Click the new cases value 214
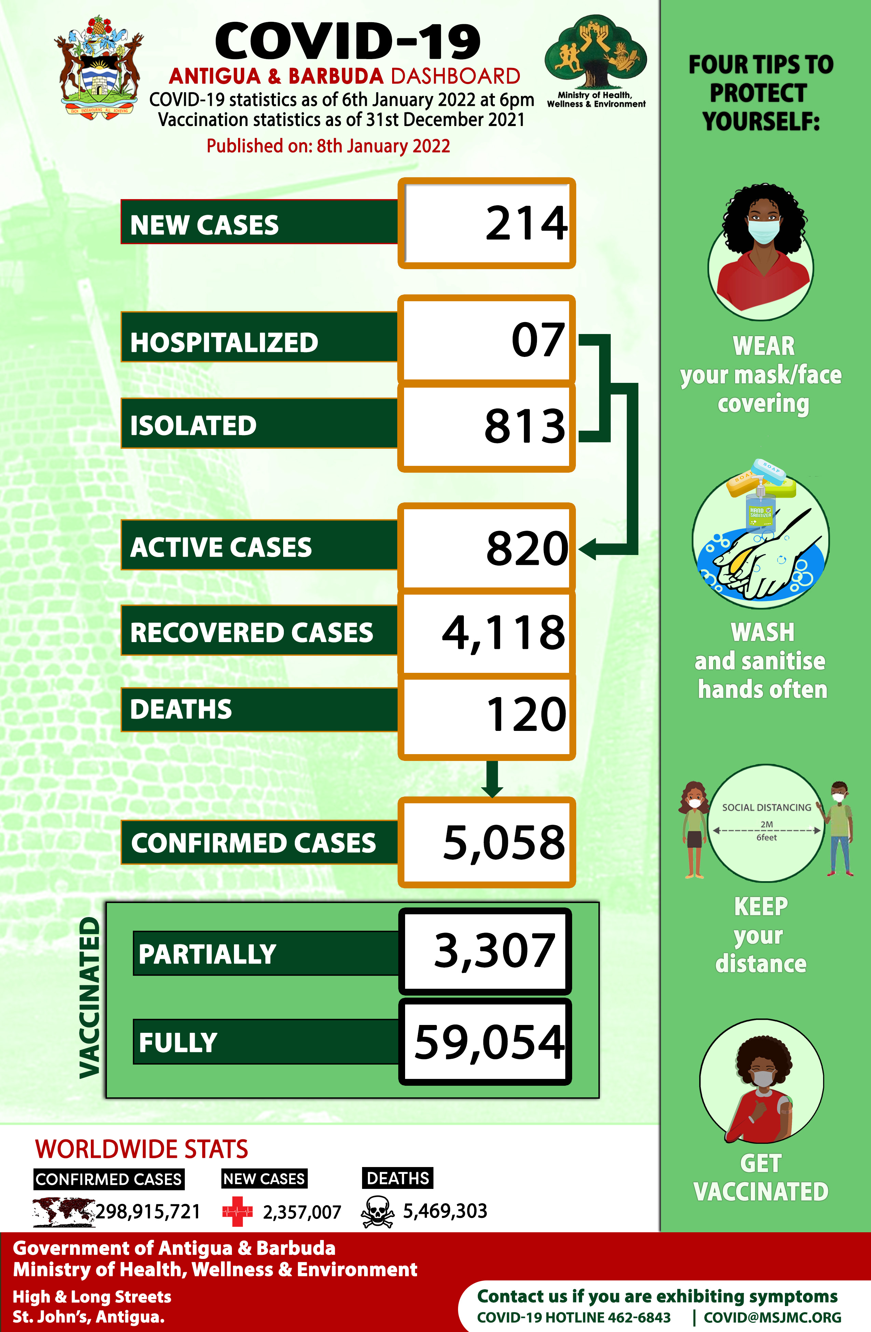pyautogui.click(x=526, y=224)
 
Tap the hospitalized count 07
pyautogui.click(x=537, y=340)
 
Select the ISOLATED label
pyautogui.click(x=193, y=425)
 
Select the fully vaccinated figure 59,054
pyautogui.click(x=489, y=1042)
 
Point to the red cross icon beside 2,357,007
pyautogui.click(x=237, y=1212)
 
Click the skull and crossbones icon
pyautogui.click(x=377, y=1212)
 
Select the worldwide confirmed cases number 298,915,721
pyautogui.click(x=148, y=1212)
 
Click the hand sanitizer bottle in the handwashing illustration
pyautogui.click(x=761, y=509)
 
